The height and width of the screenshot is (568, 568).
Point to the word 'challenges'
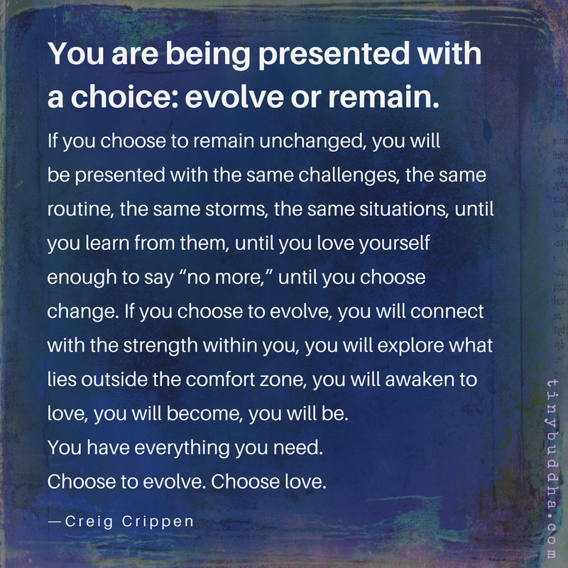pos(341,175)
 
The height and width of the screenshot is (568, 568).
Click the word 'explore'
pos(384,345)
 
